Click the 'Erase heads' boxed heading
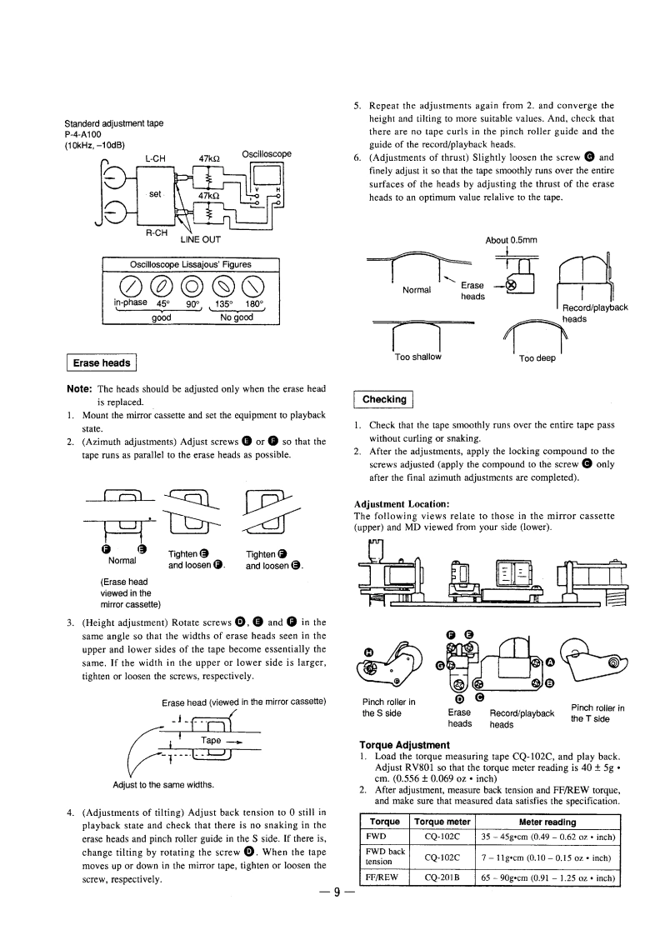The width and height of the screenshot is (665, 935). click(x=101, y=362)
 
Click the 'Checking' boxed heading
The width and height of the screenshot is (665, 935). click(x=384, y=400)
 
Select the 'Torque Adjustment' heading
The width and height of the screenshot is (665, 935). click(x=404, y=744)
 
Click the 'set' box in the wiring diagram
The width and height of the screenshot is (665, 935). click(x=154, y=194)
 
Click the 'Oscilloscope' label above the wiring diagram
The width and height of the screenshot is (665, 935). click(x=266, y=154)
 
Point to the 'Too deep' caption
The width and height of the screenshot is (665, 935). click(x=537, y=359)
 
